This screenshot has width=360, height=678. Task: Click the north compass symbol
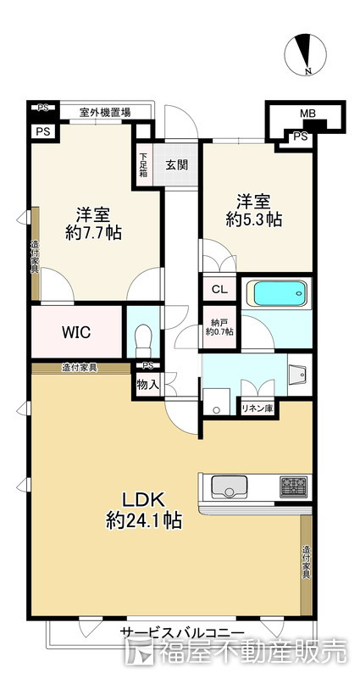pos(305,54)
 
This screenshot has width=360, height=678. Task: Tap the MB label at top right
pos(307,114)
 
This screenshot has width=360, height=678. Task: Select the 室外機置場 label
pos(105,113)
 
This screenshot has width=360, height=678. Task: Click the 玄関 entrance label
pos(177,164)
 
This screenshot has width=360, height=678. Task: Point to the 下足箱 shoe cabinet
pos(143,165)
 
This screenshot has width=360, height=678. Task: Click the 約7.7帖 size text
pos(93,233)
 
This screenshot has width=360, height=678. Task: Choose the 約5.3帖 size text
pos(254,220)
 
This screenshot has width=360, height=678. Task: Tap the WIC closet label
pos(76,332)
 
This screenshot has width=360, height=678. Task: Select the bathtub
pos(277,293)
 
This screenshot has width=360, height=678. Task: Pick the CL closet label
pos(219,290)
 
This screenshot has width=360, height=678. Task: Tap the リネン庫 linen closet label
pos(258,408)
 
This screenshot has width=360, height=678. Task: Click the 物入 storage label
pos(146,384)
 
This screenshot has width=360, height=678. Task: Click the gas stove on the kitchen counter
pos(294,486)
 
